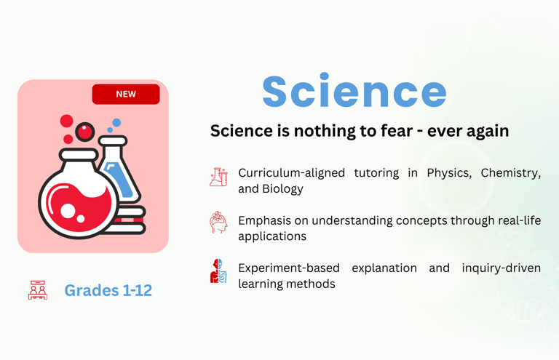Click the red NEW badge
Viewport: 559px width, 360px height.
pos(126,94)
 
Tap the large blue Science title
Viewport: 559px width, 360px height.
pos(354,91)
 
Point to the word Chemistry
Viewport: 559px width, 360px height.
pos(511,173)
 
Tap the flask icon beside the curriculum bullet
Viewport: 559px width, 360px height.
pos(218,177)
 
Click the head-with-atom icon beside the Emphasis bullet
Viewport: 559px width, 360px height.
pos(218,223)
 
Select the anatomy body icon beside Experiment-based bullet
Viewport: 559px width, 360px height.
pos(218,271)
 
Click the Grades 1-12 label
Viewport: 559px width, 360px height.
pos(108,290)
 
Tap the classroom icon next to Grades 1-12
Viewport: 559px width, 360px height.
pos(38,290)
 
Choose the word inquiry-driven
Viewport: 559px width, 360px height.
pos(501,268)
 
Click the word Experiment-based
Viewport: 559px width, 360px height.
pos(289,268)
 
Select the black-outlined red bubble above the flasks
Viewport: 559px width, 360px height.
pos(85,132)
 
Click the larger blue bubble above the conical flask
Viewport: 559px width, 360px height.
pos(116,123)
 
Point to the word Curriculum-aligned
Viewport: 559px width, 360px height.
pos(291,173)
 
